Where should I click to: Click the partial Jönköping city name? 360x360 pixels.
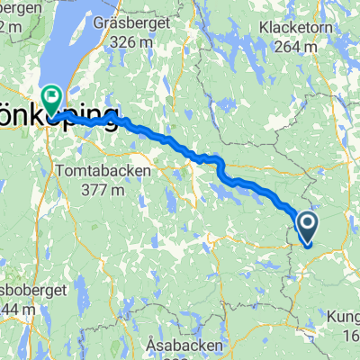60,121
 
